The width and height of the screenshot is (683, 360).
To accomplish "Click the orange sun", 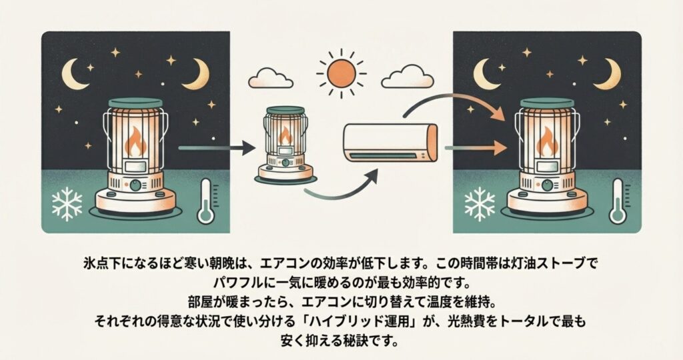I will point(341,71).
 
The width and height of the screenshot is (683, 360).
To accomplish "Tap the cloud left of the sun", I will point(270,79).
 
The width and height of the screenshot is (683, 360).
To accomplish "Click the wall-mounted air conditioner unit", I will point(390,142).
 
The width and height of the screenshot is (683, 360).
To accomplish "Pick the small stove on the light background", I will point(285,143).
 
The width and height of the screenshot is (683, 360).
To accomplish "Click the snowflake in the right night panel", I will point(479,203).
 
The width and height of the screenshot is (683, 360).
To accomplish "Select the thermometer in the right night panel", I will point(617,201).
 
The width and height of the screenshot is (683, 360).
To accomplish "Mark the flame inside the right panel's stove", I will point(549,142).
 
